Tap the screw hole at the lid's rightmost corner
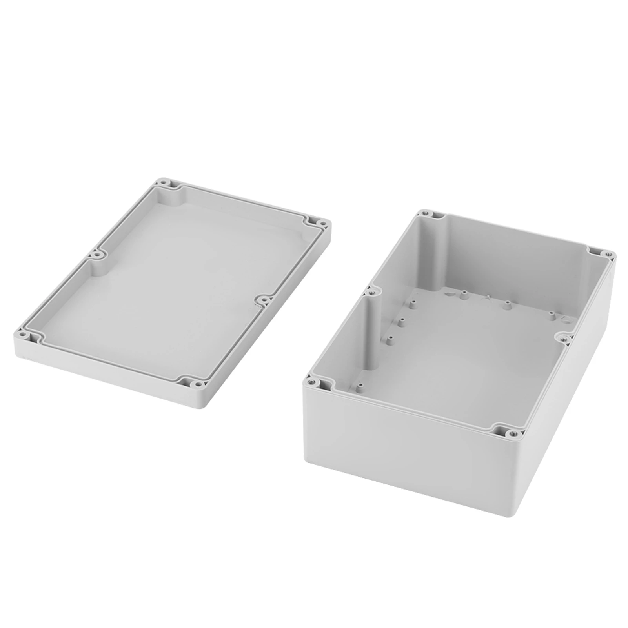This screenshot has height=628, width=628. point(324,224)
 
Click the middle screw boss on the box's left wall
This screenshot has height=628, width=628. point(369,291)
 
